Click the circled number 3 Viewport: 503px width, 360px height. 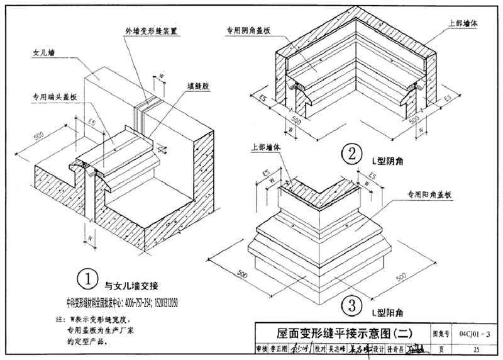[353, 307]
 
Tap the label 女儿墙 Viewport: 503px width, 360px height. [44, 54]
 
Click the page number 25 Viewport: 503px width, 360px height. [476, 349]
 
